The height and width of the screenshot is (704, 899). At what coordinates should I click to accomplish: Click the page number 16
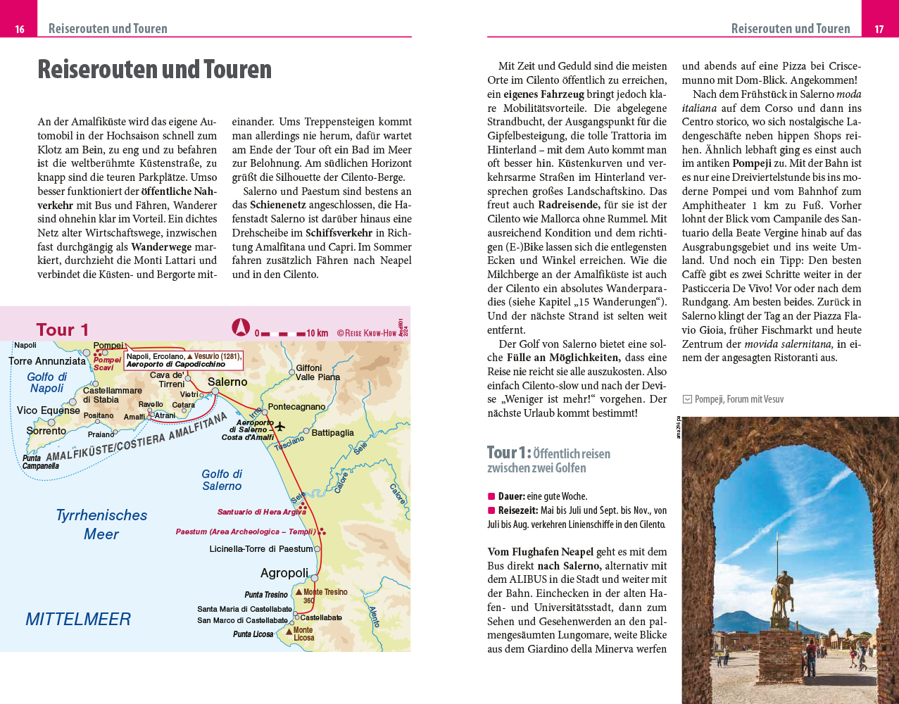[20, 29]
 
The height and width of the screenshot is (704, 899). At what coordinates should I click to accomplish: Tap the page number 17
[879, 29]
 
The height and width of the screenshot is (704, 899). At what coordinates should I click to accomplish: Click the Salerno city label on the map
[227, 382]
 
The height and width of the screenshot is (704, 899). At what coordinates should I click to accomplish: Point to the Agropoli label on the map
[284, 573]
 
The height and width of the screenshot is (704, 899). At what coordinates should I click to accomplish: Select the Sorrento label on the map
[46, 431]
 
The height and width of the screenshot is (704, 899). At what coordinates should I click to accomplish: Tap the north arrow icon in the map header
[241, 327]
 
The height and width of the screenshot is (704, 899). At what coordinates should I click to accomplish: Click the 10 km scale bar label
[317, 333]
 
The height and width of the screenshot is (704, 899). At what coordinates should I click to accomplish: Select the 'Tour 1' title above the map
[63, 329]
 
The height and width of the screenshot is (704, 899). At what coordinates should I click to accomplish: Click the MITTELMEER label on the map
[78, 620]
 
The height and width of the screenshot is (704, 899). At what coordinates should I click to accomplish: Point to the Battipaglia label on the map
[332, 433]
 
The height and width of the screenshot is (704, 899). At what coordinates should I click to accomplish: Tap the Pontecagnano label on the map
[296, 407]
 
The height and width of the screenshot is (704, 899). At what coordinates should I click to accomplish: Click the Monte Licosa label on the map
[303, 634]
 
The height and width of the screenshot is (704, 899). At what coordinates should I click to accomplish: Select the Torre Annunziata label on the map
[47, 361]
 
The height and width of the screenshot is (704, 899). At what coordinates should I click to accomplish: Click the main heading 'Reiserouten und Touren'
[154, 70]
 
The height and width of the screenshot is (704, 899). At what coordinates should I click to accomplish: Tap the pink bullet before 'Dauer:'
[491, 496]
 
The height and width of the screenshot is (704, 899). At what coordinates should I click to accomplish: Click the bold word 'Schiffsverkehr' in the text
[339, 233]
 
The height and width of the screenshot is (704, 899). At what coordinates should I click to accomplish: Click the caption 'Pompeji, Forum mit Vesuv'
[738, 399]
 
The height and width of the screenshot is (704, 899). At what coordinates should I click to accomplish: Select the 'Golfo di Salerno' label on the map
[222, 480]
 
